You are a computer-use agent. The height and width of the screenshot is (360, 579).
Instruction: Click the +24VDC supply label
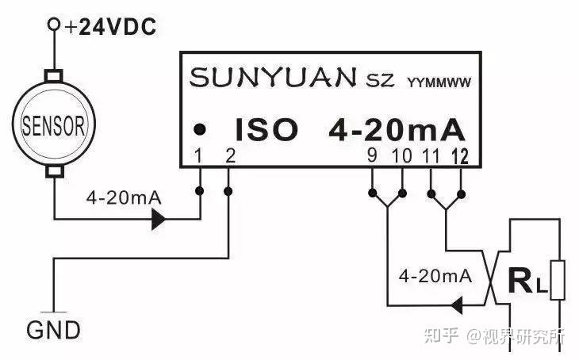tap(110, 27)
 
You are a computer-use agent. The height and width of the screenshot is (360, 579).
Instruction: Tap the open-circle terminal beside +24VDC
tap(54, 25)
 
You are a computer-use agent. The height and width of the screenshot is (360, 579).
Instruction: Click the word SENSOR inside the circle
tap(54, 125)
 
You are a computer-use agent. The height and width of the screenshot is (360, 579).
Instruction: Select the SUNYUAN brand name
tap(273, 77)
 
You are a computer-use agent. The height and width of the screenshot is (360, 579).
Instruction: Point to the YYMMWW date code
tap(439, 82)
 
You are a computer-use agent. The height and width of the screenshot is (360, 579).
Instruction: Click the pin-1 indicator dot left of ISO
tap(200, 129)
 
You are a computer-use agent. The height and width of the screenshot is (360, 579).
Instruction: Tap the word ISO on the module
tap(266, 129)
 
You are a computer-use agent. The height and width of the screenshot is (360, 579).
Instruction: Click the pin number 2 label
tap(230, 155)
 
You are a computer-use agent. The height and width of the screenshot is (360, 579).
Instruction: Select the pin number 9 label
tap(372, 155)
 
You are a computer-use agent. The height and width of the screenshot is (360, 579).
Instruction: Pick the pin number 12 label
tap(460, 156)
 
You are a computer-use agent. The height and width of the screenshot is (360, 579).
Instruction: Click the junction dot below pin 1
tap(200, 191)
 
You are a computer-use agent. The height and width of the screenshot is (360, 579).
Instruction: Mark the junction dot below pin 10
tap(402, 193)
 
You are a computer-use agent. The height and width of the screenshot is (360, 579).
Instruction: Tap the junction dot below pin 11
tap(431, 193)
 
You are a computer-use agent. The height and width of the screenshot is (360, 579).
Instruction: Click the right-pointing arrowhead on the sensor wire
tap(159, 220)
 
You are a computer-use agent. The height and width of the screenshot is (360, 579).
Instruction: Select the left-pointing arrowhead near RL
tap(457, 305)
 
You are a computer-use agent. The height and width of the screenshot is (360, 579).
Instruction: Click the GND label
tap(54, 331)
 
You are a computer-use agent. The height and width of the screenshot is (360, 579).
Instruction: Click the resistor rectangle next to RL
tap(558, 280)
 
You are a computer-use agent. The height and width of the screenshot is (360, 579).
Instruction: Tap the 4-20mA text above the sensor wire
tap(124, 198)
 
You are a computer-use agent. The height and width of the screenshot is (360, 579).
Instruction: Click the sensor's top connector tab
tap(54, 75)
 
